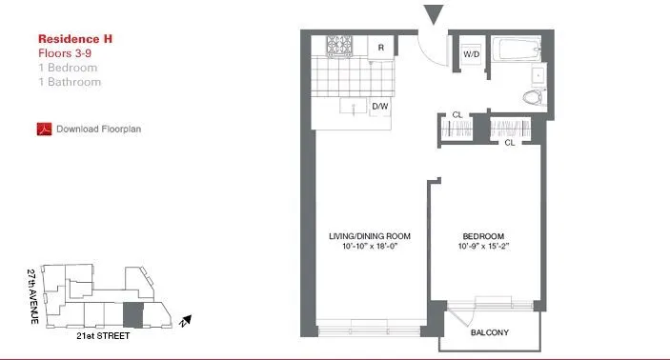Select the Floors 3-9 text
point(65,53)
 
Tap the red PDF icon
point(43,129)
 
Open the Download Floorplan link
point(99,129)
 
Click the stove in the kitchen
point(339,45)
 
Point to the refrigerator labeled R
point(380,46)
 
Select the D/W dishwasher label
point(379,106)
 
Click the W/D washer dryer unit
point(471,54)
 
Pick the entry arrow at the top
point(433,14)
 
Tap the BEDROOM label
point(483,236)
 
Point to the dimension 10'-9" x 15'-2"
point(483,248)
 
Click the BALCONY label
point(490,332)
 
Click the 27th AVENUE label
point(33,297)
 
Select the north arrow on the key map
point(188,321)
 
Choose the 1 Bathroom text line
point(70,82)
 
